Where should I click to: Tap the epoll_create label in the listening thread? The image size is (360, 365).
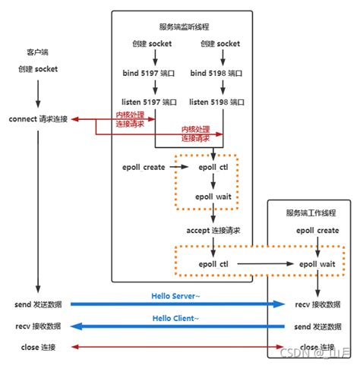pos(144,166)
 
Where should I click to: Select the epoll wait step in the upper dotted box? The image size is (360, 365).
pos(213,197)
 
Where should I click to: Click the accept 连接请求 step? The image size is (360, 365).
pos(213,230)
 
